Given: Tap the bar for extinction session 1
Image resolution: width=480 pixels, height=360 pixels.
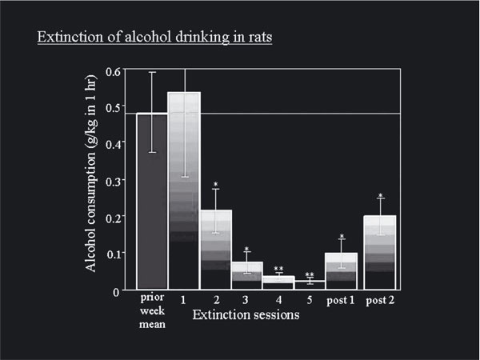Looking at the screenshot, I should pyautogui.click(x=183, y=192).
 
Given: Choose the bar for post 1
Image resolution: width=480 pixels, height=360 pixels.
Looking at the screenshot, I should pyautogui.click(x=342, y=271).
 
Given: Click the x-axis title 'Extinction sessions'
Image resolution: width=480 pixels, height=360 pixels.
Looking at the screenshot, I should pyautogui.click(x=246, y=315).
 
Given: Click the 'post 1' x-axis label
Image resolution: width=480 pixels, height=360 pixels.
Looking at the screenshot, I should pyautogui.click(x=342, y=301).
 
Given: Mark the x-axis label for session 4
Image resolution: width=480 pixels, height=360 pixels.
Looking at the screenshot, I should pyautogui.click(x=278, y=301).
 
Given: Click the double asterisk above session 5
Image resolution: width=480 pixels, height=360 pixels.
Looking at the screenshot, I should pyautogui.click(x=309, y=275).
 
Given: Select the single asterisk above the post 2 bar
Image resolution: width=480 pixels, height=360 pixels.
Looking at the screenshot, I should pyautogui.click(x=381, y=196).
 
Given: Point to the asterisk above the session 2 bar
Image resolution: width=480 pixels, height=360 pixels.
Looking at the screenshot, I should pyautogui.click(x=216, y=185).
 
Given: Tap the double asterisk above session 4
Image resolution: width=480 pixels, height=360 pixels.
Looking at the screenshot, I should pyautogui.click(x=278, y=269).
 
